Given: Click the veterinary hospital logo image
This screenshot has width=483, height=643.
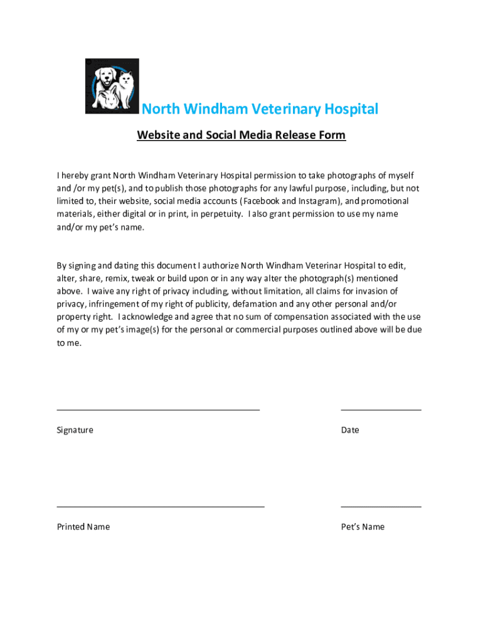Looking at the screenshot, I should [112, 86].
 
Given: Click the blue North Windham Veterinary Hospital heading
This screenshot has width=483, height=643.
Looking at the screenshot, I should [260, 109].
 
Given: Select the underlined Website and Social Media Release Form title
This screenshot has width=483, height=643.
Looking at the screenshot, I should [242, 135].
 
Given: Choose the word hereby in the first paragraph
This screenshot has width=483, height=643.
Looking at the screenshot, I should [76, 175].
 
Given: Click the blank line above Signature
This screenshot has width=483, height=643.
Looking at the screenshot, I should [158, 409].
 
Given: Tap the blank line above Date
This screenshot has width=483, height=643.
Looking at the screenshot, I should [381, 409].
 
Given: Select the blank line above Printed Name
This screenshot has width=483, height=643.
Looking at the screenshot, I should [161, 505].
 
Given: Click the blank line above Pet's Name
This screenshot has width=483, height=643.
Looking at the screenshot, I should [381, 505].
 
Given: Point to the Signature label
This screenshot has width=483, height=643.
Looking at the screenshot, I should [75, 430].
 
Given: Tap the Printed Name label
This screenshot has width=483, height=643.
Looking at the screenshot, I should [83, 527].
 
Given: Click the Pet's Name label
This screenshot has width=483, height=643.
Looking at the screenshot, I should [363, 527].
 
